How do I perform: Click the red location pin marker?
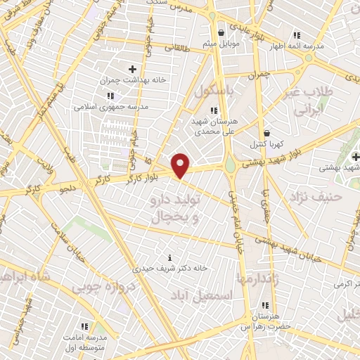181,166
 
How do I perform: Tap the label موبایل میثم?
221,45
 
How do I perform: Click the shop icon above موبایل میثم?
221,33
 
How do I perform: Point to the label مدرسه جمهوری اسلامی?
108,108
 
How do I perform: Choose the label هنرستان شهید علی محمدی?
214,126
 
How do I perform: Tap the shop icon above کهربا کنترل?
266,132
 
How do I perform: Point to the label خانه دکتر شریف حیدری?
169,268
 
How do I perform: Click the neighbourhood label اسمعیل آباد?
225,296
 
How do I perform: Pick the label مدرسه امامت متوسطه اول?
84,341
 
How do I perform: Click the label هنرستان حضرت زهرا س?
265,321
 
